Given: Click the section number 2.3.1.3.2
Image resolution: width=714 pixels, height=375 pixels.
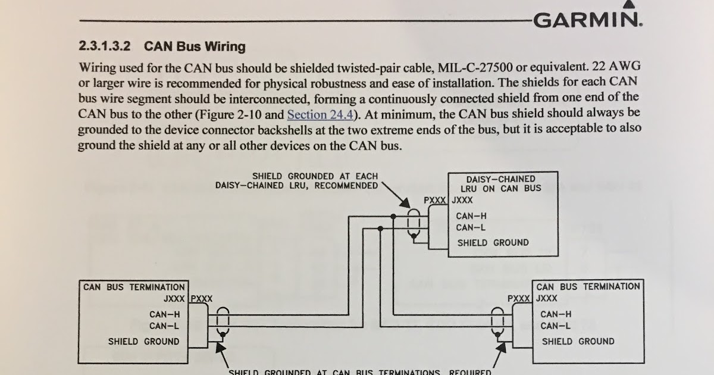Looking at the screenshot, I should coord(105,46).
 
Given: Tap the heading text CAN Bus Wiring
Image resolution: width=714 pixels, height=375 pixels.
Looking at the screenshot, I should coord(195,46).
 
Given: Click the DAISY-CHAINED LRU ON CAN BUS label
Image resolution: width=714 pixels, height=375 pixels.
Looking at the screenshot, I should coord(504,183).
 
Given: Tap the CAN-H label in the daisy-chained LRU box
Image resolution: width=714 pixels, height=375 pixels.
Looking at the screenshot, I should coord(471,216).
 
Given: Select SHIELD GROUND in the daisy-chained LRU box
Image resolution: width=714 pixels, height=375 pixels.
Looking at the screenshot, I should coord(493,243).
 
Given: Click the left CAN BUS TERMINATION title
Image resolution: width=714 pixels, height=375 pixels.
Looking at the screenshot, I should coord(134,287).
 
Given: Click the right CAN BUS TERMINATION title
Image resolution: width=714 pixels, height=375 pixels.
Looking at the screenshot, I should coord(588,287).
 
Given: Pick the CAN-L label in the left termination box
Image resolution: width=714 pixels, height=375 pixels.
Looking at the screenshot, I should coord(164,326).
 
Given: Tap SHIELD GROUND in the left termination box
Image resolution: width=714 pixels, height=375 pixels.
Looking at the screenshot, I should coord(143,342).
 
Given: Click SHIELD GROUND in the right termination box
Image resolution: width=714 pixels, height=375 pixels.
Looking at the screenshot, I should coord(578,342).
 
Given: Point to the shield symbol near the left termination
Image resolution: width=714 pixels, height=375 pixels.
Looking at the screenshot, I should coord(223,322).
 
